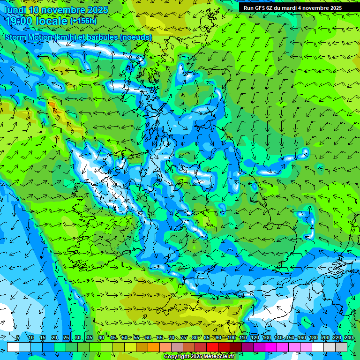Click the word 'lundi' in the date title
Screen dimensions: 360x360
click(15, 10)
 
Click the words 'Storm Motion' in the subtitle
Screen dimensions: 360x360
click(29, 37)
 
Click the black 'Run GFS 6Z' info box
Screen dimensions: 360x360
click(292, 7)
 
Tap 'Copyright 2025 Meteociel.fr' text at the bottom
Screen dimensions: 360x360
click(199, 357)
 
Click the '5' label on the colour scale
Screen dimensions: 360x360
click(18, 338)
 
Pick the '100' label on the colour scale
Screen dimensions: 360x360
click(231, 338)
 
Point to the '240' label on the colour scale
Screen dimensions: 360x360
click(349, 338)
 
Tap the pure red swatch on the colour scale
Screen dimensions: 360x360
click(212, 347)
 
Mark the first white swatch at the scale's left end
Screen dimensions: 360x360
click(13, 347)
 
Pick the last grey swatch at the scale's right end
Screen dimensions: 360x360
click(341, 347)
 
